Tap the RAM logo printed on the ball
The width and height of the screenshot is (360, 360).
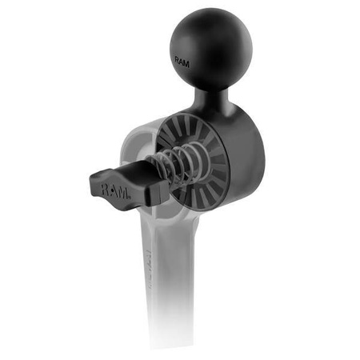click(x=183, y=59)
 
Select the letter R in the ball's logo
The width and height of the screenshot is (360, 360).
click(x=178, y=58)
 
